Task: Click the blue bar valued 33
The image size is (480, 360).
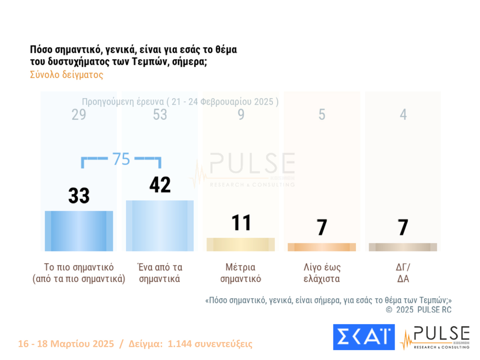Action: [79, 231]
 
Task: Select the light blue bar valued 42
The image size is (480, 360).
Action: [160, 226]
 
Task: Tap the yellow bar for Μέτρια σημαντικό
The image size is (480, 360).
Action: [240, 244]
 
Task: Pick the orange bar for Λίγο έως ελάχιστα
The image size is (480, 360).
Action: [322, 247]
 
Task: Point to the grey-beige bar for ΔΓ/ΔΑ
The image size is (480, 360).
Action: [403, 247]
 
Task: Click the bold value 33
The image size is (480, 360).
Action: [79, 196]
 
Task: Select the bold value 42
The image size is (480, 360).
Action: [160, 185]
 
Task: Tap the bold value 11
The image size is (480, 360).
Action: [241, 223]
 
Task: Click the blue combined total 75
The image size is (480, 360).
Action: [121, 159]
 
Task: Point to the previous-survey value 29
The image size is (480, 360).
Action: [79, 115]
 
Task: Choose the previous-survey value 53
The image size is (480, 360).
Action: [160, 115]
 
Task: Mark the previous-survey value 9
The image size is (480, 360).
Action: [241, 115]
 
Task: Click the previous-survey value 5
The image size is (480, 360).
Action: [322, 115]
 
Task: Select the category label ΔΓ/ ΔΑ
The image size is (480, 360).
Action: [403, 273]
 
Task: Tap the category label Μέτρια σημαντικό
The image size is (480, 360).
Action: [241, 273]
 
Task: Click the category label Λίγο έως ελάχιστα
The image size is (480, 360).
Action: [322, 273]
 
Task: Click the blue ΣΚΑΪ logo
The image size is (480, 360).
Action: [364, 337]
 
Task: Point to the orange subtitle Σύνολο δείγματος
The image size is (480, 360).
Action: [66, 75]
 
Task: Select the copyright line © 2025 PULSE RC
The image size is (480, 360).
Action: [419, 310]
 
